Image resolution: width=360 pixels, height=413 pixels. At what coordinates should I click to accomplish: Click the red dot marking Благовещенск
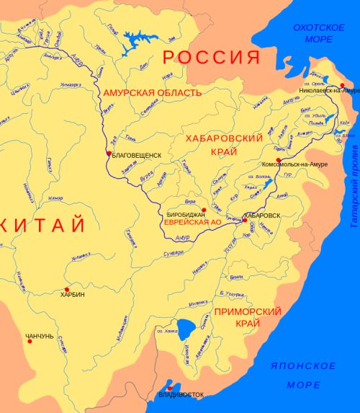(x=109, y=154)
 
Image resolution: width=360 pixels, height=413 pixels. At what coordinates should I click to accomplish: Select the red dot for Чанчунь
(x=30, y=341)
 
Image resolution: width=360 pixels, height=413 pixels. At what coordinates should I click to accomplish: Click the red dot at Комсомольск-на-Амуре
(x=278, y=159)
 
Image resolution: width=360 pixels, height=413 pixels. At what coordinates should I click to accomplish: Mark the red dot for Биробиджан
(x=204, y=210)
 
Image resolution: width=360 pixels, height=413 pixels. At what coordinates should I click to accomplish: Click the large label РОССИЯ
(x=210, y=57)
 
